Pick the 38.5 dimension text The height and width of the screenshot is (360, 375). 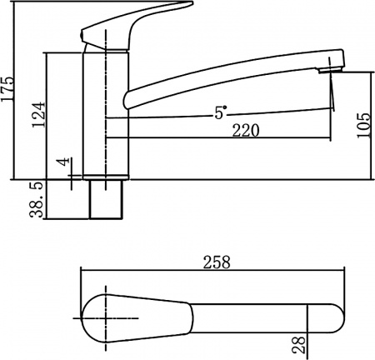(36, 202)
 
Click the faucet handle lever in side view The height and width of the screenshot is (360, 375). (125, 21)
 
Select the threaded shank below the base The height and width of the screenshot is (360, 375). (106, 200)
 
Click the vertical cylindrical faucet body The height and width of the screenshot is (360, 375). (106, 117)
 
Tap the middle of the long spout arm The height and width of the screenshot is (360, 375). (225, 82)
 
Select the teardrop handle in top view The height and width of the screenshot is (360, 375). (133, 317)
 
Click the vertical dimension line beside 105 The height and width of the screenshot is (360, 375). (370, 125)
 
